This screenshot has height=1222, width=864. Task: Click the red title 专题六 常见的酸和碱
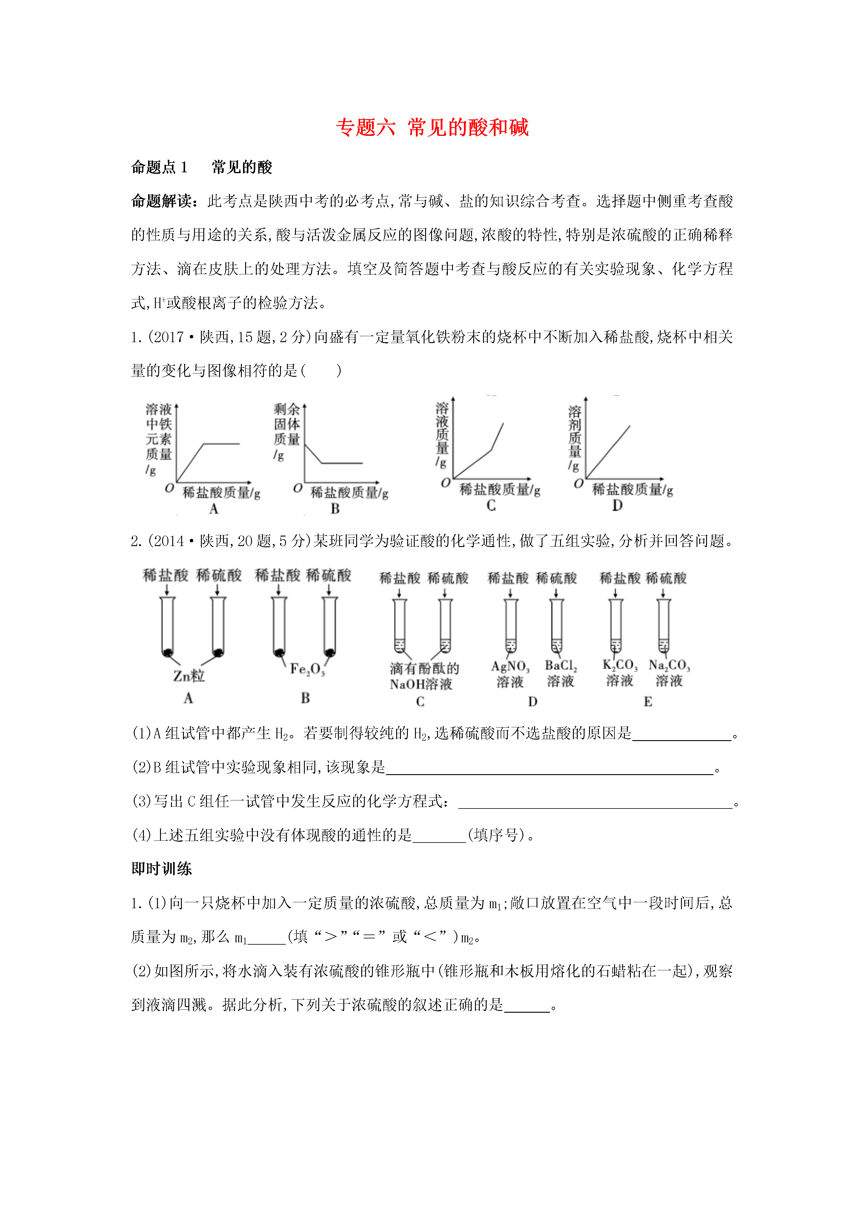432,128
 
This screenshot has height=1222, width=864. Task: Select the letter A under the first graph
213,509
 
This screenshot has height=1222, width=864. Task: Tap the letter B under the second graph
335,509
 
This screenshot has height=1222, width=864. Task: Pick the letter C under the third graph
491,506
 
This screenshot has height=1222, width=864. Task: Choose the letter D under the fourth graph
617,506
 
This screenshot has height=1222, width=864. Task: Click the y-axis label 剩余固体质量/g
286,431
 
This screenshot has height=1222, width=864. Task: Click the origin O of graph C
445,483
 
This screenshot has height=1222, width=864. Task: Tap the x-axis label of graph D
632,490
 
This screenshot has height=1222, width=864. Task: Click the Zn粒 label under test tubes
188,676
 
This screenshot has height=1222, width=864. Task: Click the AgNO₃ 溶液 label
510,674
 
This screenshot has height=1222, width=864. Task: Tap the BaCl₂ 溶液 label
561,673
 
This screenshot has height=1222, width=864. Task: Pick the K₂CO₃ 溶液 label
620,673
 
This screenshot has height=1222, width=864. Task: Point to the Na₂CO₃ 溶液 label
669,673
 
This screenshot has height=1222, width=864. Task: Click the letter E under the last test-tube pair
647,702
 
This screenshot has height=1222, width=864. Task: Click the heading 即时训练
161,869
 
